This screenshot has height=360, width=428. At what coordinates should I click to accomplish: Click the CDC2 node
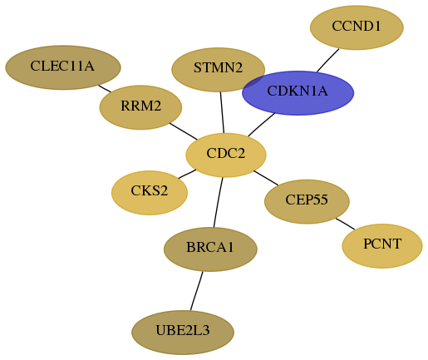[x=226, y=155]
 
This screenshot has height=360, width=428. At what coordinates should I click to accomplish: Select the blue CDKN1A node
[x=298, y=93]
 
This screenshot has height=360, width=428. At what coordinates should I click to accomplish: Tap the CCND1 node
[x=357, y=27]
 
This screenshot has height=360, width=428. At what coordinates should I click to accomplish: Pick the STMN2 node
[x=219, y=70]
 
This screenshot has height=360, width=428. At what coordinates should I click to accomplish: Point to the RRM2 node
[x=140, y=107]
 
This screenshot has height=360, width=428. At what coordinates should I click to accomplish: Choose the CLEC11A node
[x=63, y=67]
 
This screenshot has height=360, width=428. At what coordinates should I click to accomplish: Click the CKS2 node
[x=150, y=193]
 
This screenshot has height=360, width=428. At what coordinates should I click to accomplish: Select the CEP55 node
[x=307, y=201]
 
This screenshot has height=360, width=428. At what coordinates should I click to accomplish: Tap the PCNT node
[x=382, y=246]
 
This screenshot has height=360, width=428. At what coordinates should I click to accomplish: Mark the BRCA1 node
[x=210, y=249]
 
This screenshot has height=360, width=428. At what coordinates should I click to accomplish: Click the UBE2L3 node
[x=183, y=333]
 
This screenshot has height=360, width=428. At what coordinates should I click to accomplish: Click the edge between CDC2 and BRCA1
[x=218, y=202]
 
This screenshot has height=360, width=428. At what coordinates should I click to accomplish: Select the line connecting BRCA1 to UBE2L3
[x=196, y=291]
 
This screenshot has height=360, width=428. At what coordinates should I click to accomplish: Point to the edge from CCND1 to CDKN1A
[x=327, y=61]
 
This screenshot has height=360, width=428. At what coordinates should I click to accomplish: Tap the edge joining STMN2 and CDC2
[x=222, y=112]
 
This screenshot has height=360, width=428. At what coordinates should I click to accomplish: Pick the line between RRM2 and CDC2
[x=184, y=131]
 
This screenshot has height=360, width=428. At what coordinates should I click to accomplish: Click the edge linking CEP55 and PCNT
[x=345, y=224]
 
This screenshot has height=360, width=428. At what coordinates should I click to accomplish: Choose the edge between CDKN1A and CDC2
[x=261, y=125]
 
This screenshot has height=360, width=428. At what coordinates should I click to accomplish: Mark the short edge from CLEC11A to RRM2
[x=105, y=89]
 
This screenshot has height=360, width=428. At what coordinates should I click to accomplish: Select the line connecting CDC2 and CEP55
[x=266, y=178]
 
